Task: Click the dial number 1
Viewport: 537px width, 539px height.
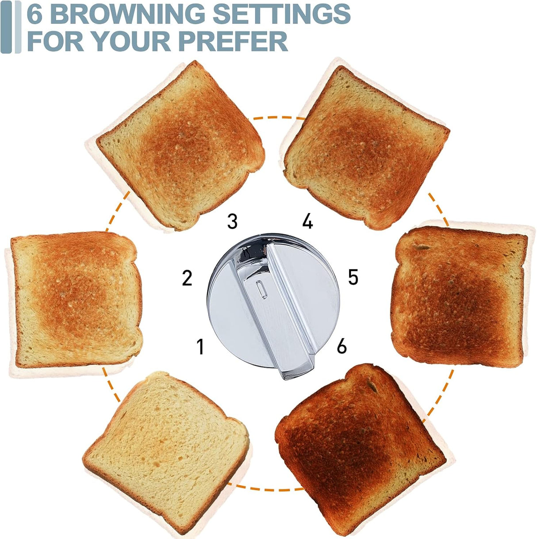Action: tap(200, 347)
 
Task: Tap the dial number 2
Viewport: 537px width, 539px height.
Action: tap(187, 278)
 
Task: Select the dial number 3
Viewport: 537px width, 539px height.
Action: tap(232, 221)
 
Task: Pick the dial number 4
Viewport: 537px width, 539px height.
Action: tap(308, 221)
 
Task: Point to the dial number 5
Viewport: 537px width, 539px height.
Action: tap(353, 277)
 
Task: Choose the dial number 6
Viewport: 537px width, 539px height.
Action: tap(341, 346)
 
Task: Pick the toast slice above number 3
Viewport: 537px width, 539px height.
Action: tap(181, 144)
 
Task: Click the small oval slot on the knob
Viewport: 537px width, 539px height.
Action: tap(260, 290)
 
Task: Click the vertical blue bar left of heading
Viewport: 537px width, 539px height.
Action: tap(6, 27)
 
